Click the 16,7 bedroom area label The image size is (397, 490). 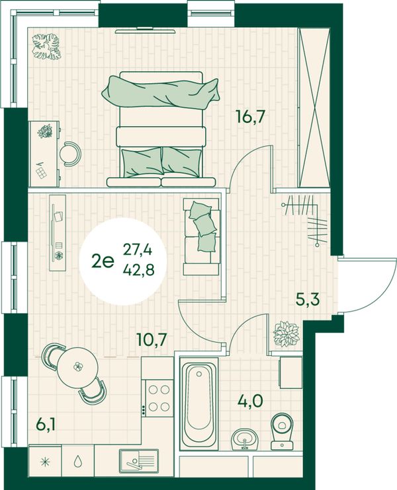coord(251,117)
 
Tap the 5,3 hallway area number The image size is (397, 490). coord(308,299)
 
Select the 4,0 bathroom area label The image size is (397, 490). coord(250,401)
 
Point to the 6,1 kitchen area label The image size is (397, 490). coord(46,425)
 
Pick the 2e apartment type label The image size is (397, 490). coord(102,260)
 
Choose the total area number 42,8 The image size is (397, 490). coord(138,269)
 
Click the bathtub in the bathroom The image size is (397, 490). coord(198,403)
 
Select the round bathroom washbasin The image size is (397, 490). coord(245,438)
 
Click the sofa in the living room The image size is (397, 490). coord(202,237)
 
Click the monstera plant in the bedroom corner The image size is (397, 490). coord(46,47)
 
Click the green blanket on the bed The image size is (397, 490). coord(160,93)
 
